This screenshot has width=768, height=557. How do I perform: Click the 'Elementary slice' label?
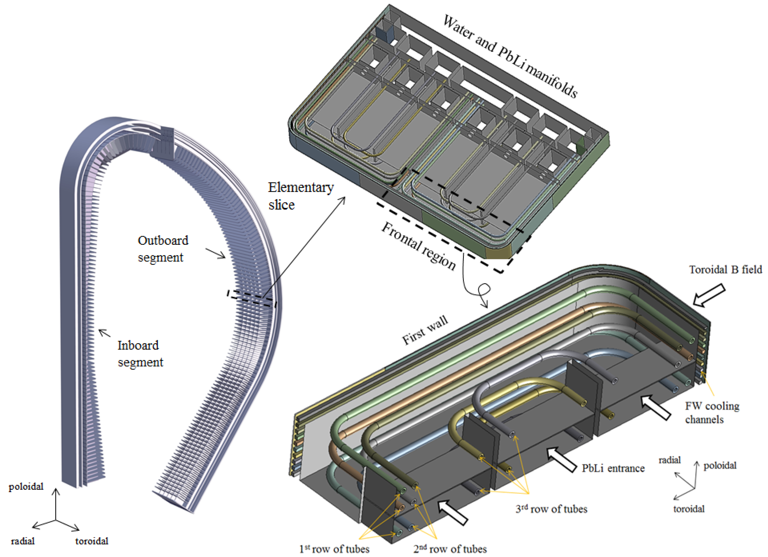point(300,196)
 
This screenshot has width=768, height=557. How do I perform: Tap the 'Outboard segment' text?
point(163,249)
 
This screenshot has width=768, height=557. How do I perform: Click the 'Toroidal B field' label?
point(725,270)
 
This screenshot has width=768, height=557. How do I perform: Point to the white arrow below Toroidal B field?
point(709,295)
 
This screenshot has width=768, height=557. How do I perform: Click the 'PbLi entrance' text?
point(613,468)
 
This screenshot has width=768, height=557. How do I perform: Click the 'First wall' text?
point(425,330)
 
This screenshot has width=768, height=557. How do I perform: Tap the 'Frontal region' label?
point(419,246)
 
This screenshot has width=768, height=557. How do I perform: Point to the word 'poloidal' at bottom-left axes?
point(26,487)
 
